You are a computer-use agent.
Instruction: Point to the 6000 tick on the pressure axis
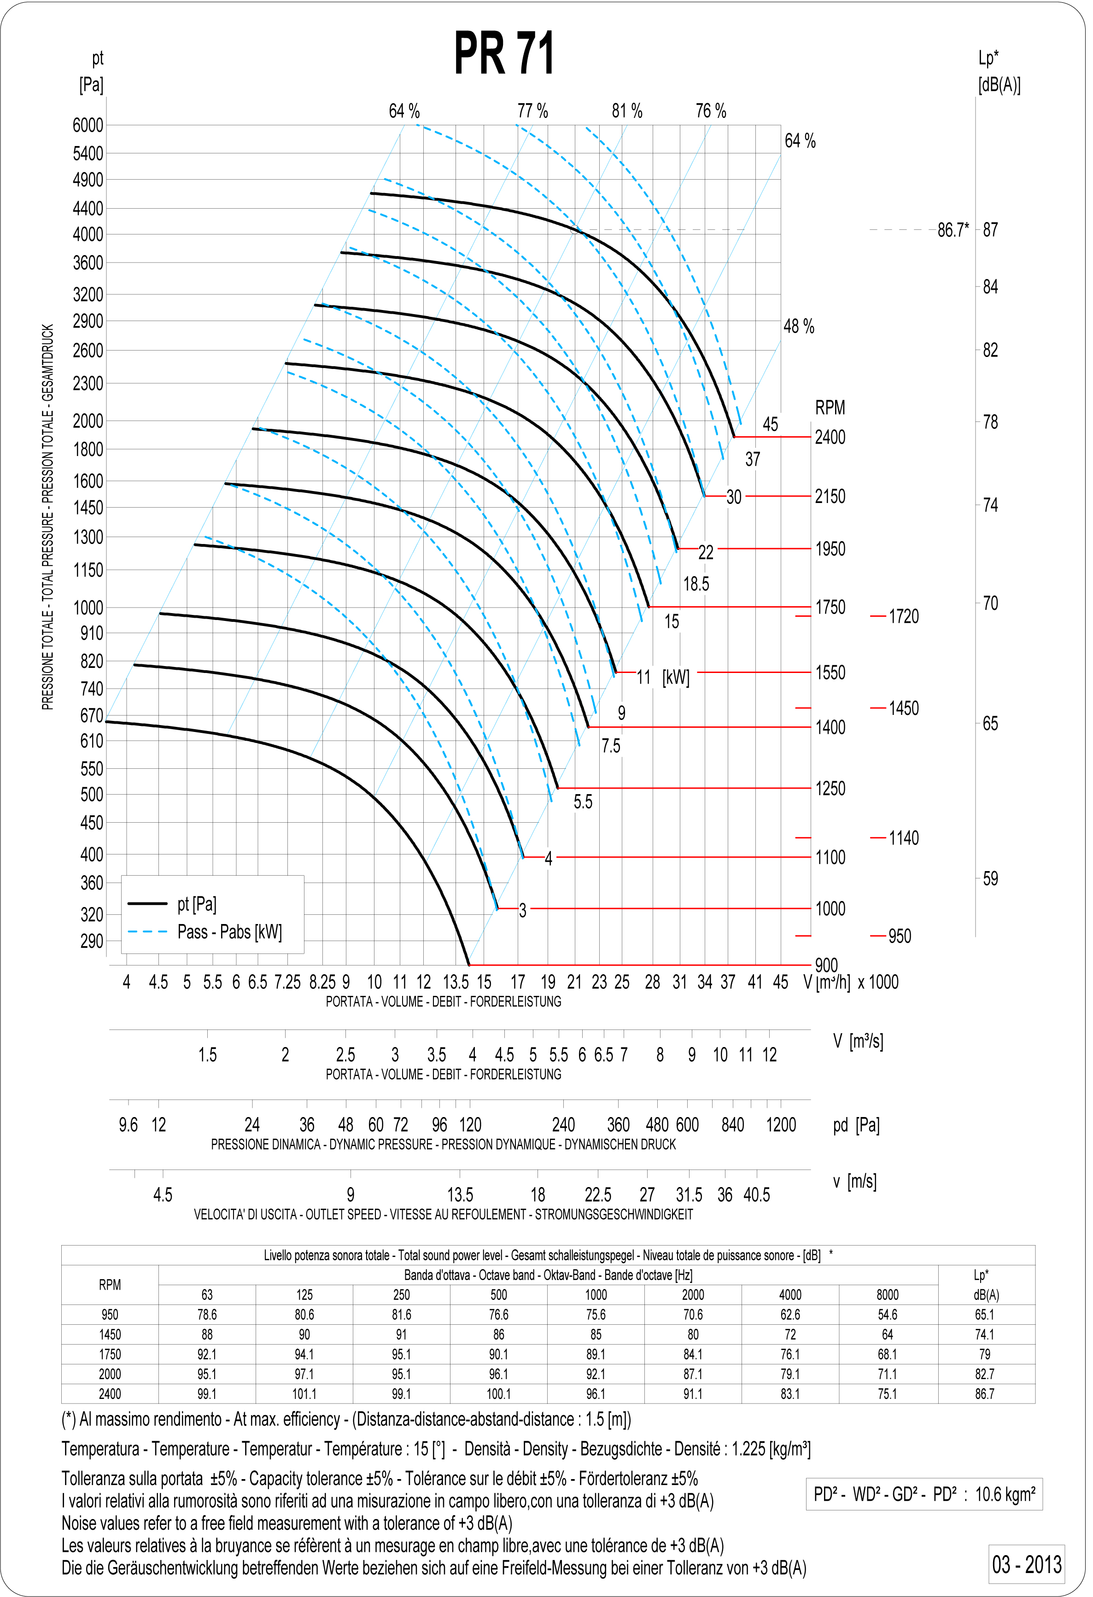click(88, 125)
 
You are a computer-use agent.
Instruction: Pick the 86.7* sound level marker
click(953, 230)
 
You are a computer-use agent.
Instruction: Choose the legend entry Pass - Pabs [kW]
click(229, 932)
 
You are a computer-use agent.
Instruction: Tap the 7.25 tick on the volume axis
click(287, 983)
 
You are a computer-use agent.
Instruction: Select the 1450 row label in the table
click(110, 1334)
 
